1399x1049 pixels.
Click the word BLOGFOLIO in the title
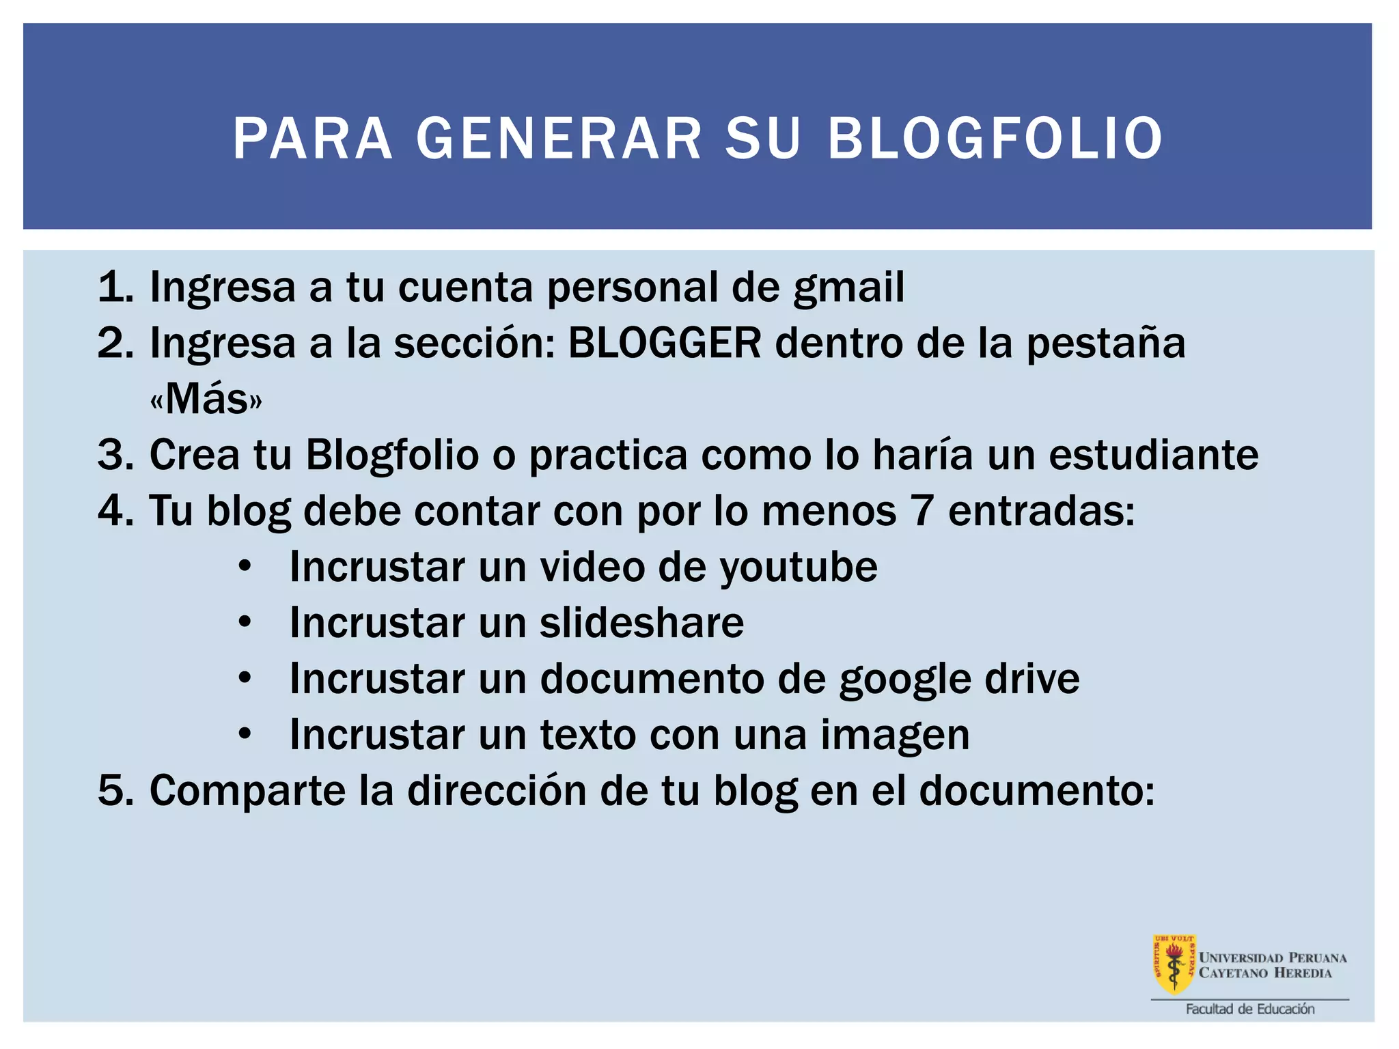tap(995, 139)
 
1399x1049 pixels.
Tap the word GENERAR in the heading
tap(559, 139)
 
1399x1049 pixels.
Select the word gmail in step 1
tap(848, 288)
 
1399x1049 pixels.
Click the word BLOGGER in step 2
tap(664, 343)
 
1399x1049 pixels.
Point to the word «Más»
tap(206, 399)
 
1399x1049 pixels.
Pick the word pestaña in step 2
tap(1106, 344)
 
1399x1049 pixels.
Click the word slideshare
tap(641, 623)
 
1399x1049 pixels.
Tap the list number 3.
tap(115, 455)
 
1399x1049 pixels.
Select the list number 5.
tap(115, 791)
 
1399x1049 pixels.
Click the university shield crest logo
tap(1174, 964)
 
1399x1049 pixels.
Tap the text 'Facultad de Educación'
tap(1249, 1009)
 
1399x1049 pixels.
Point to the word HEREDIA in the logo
tap(1302, 973)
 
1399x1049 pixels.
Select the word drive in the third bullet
tap(1031, 679)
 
